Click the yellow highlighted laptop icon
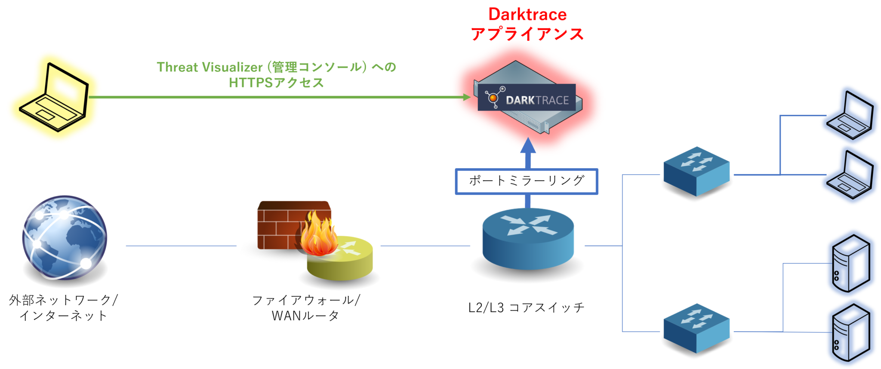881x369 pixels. [54, 97]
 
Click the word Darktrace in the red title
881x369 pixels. [527, 15]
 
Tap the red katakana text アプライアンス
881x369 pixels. [527, 34]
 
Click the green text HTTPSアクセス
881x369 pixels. [276, 82]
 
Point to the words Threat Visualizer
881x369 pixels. [209, 67]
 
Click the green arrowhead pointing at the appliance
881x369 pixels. [467, 97]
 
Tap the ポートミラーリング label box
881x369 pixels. [527, 181]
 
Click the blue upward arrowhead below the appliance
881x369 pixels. [528, 146]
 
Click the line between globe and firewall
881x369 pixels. [181, 246]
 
